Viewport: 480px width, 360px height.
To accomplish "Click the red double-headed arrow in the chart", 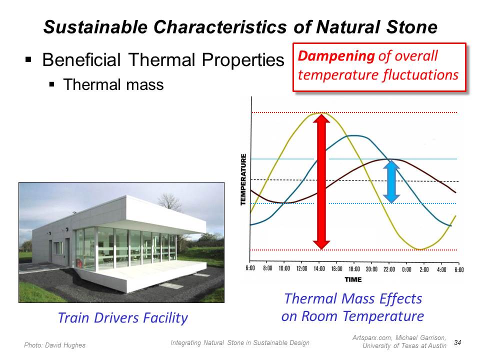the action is point(321,181).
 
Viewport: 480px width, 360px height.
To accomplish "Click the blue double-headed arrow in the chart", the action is point(391,181).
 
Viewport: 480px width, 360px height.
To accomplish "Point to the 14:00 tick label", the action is point(319,269).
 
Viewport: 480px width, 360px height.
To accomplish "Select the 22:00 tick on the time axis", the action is point(389,269).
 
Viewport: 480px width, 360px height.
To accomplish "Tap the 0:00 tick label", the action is point(406,269).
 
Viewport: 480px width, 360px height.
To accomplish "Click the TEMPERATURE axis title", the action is point(243,179).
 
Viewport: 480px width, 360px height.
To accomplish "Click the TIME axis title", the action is point(353,279).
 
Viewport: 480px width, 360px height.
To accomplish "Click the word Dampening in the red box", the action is point(336,56).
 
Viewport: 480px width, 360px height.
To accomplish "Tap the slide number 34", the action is point(457,342).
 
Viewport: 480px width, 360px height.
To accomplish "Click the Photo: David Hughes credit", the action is point(55,345).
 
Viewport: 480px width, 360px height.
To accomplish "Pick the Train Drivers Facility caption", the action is point(123,318).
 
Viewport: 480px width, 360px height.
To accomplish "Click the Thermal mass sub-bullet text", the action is point(113,84).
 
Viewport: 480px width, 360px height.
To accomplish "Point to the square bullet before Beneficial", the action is point(28,59).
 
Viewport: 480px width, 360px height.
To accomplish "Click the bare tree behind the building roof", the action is point(168,201).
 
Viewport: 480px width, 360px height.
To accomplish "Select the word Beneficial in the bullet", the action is point(81,59).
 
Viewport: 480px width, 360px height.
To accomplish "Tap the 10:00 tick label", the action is point(284,268).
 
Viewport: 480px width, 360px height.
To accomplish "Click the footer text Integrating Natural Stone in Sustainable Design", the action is point(240,343).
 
